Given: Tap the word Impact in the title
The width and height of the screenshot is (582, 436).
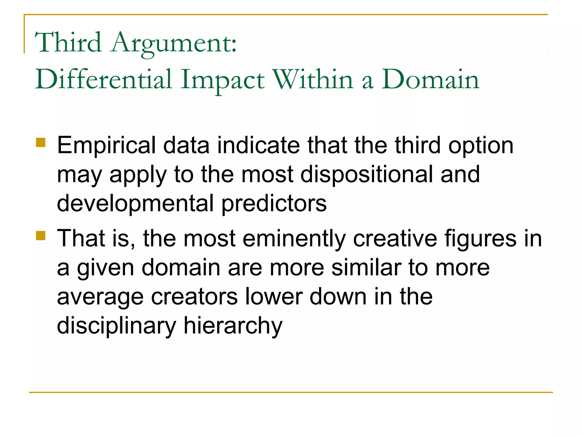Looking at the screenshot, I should point(223,80).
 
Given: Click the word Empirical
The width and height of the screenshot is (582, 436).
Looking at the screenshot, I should point(106,146).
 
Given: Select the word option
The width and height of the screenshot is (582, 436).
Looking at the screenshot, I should point(481,146).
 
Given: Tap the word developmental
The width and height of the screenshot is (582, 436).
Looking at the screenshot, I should point(135,204).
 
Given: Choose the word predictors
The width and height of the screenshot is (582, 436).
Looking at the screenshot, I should point(274,204).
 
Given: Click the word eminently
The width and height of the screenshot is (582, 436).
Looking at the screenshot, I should point(294,239).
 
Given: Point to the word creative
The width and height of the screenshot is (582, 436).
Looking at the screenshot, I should point(395,238).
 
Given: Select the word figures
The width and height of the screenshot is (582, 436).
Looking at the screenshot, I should point(480,239).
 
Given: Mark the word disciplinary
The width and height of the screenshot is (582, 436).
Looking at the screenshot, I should point(117,326).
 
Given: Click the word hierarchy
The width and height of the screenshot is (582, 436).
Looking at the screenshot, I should point(233,326).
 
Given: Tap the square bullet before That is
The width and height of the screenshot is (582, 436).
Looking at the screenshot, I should point(41,236).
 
